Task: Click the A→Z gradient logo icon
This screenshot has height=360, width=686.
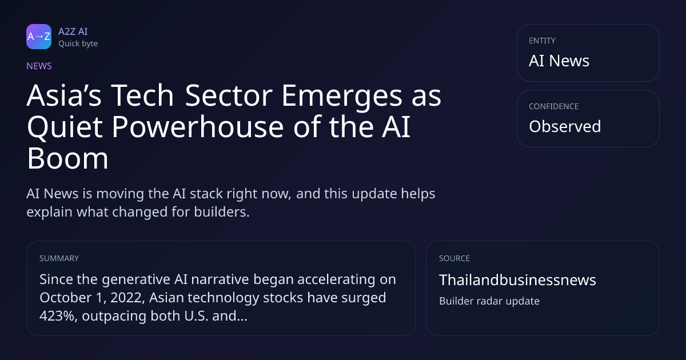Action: point(39,37)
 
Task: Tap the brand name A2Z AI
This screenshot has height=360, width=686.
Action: point(73,31)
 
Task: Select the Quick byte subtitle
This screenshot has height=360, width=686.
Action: point(78,44)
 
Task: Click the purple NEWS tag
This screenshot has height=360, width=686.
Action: point(39,66)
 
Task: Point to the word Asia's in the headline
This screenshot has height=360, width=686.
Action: point(64,95)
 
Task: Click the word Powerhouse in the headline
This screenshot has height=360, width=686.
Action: point(198,127)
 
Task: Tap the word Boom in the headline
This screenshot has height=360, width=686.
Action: point(67,158)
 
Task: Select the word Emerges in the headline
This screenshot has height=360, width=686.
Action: point(342,97)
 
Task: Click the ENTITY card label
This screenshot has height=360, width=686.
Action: point(542,41)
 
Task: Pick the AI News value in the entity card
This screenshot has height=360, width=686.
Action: point(559,61)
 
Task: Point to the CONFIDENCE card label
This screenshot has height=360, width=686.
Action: point(554,106)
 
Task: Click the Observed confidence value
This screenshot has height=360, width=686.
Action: point(565,126)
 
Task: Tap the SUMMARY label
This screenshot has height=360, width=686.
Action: point(59,258)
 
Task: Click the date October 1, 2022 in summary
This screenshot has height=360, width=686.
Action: point(92,298)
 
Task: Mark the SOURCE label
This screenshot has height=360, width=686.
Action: point(454,258)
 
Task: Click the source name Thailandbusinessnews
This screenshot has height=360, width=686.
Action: point(517,280)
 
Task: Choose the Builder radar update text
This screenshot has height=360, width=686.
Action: point(489,301)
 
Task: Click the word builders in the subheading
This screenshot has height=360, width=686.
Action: point(222,212)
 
